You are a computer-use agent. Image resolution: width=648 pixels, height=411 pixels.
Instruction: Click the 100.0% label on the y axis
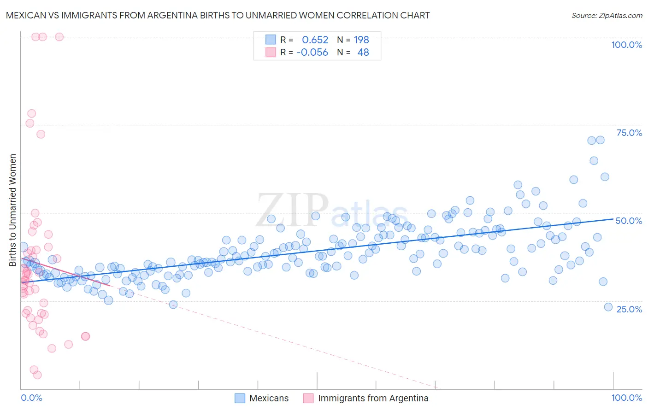(x=626, y=45)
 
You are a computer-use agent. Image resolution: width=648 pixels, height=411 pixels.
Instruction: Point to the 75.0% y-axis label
(x=629, y=133)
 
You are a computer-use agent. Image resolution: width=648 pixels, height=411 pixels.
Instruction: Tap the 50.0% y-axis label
(x=629, y=221)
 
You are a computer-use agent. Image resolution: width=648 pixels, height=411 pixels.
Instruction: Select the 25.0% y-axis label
(x=629, y=309)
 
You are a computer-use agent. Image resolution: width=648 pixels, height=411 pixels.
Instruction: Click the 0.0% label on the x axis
(x=31, y=398)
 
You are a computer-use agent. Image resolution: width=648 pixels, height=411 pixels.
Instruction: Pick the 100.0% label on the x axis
(x=626, y=398)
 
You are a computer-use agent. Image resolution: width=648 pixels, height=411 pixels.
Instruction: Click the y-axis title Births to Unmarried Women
(x=12, y=210)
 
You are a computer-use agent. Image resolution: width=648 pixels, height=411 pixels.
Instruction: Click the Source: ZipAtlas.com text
(x=607, y=15)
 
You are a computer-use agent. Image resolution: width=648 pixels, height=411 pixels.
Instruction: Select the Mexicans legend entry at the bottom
(x=269, y=398)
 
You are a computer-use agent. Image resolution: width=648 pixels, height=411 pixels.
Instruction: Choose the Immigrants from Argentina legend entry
(x=373, y=398)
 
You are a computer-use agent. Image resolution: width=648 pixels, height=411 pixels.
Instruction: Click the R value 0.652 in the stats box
(x=315, y=40)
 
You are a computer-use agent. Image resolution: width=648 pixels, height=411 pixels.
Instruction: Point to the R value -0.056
(x=312, y=52)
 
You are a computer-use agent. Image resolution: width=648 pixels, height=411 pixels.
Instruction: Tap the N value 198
(x=361, y=40)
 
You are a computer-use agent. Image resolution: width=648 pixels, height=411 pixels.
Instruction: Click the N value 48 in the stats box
(x=363, y=52)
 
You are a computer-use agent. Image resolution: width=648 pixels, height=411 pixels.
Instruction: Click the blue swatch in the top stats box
(x=271, y=40)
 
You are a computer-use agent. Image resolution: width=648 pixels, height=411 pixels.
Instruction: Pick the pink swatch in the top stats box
(x=271, y=52)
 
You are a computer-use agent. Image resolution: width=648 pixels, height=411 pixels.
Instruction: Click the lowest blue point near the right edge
(x=608, y=307)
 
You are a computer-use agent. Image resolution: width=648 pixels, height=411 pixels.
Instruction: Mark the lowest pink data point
(x=37, y=375)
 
